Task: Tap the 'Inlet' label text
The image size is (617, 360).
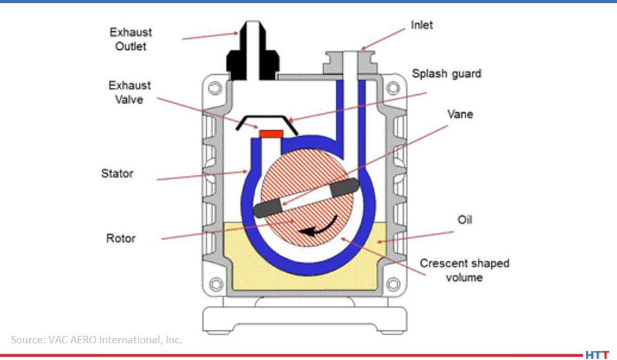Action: (x=421, y=25)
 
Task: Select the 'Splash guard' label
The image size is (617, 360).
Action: (x=446, y=73)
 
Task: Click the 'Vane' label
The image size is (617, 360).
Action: (x=460, y=114)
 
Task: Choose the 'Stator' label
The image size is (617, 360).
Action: (x=117, y=173)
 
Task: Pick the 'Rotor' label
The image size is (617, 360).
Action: (x=120, y=238)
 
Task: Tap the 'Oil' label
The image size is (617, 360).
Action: (x=464, y=220)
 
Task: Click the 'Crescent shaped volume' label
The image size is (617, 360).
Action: (x=464, y=270)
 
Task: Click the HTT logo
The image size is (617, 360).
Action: (x=597, y=354)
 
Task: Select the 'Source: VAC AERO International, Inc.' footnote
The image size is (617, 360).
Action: (x=96, y=339)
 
